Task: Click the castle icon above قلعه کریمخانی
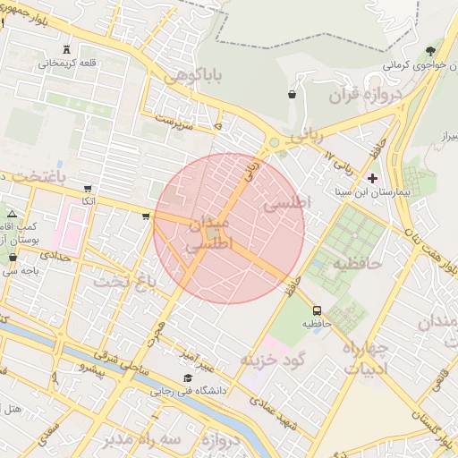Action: (69, 48)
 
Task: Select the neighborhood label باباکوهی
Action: (191, 78)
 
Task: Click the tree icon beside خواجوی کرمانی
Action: (432, 50)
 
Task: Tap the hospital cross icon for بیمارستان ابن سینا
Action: (372, 178)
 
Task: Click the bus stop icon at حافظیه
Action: (317, 310)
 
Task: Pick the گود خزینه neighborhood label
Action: (273, 360)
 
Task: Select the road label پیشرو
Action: (91, 369)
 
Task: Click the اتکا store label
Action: (89, 202)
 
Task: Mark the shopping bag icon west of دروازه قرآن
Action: (293, 94)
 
